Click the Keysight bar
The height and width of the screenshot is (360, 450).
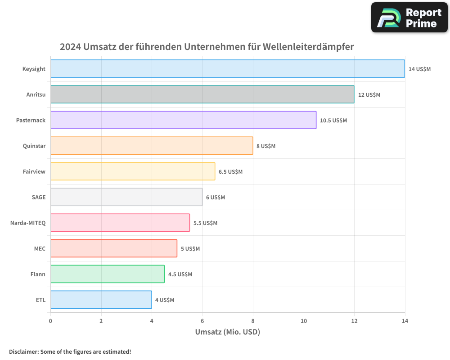click(227, 69)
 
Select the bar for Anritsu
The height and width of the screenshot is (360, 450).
click(202, 94)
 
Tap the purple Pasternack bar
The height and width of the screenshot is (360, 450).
click(183, 120)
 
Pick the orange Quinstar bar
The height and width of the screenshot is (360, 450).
click(152, 146)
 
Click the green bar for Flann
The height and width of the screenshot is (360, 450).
click(107, 274)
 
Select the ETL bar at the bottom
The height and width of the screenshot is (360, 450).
click(101, 300)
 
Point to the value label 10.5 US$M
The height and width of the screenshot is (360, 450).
click(333, 121)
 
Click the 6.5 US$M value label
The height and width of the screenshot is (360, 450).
click(230, 172)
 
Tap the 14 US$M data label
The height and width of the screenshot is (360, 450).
click(419, 69)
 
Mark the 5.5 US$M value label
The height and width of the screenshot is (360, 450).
click(205, 223)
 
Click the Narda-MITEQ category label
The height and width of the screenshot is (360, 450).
click(28, 223)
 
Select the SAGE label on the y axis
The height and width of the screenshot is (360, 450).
click(38, 197)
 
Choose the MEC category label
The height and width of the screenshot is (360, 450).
click(40, 248)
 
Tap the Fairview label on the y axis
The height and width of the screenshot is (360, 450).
click(34, 171)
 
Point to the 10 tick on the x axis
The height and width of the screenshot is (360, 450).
click(304, 321)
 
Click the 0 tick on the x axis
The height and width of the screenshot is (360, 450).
click(50, 321)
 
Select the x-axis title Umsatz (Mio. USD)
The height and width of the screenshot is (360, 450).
click(227, 332)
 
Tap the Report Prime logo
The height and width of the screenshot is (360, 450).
click(409, 18)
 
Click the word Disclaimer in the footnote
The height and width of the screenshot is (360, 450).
click(23, 351)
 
